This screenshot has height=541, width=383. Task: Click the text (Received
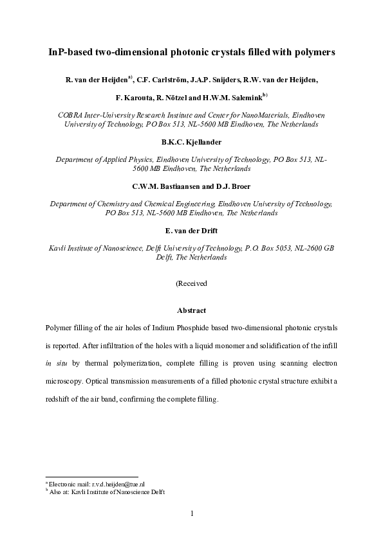click(x=191, y=283)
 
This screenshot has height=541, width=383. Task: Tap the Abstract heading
click(x=191, y=310)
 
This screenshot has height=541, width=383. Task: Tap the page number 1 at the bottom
click(x=191, y=513)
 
